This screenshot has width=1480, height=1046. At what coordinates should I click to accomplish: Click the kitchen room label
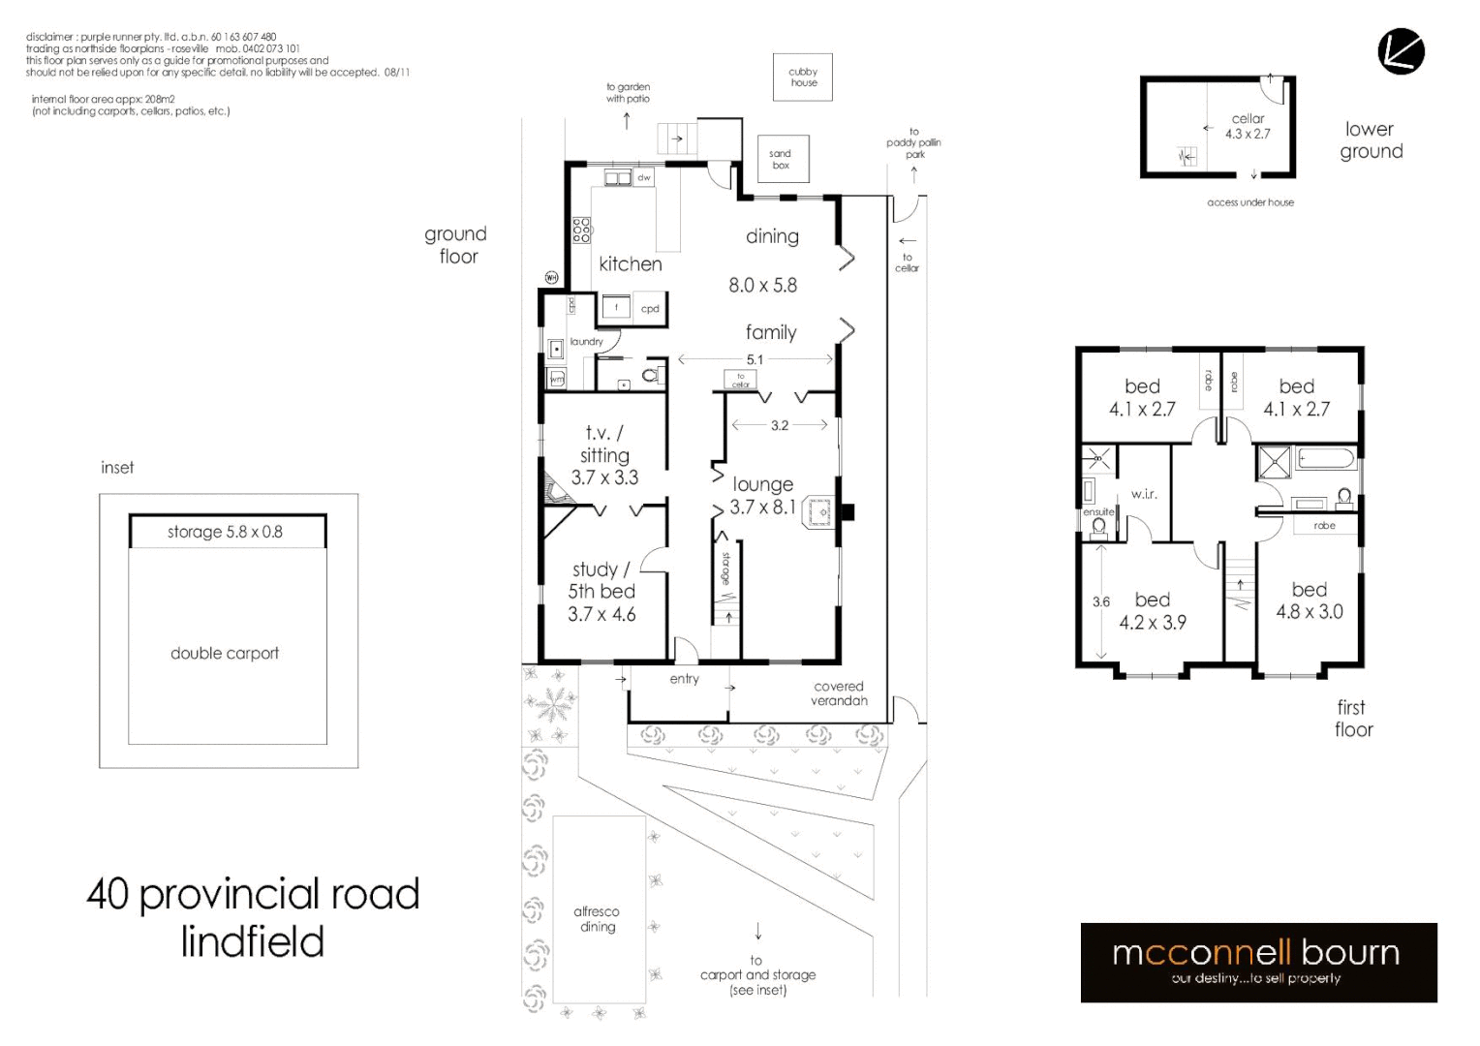(631, 264)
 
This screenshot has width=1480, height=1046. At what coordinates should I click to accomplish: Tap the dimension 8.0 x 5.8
(763, 286)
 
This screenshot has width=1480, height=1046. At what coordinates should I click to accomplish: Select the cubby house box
(803, 77)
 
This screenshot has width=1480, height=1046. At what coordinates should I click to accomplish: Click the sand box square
(782, 160)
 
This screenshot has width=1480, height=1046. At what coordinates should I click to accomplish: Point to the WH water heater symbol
(551, 278)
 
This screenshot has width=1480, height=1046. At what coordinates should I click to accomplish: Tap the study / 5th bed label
(601, 591)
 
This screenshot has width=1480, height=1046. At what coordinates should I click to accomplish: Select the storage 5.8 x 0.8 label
(225, 532)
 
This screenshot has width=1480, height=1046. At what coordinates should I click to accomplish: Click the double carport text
(225, 654)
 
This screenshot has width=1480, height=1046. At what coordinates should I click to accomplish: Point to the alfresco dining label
(597, 919)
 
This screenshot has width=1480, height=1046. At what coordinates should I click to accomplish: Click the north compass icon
(1401, 52)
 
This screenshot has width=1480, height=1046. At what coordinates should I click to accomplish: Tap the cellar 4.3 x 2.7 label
(1248, 127)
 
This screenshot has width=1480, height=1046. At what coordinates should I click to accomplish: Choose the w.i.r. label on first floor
(1144, 494)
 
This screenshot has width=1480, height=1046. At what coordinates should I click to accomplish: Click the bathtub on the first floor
(1326, 459)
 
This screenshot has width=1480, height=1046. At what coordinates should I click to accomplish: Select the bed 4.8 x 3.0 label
(1310, 600)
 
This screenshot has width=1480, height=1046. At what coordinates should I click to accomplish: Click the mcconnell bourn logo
(1258, 962)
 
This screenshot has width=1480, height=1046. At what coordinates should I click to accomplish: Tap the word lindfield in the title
(253, 941)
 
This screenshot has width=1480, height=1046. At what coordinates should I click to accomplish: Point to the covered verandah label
(839, 693)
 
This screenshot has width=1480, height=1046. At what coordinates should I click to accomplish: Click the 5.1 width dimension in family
(755, 359)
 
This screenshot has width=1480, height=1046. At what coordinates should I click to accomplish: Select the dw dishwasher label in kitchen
(644, 178)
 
